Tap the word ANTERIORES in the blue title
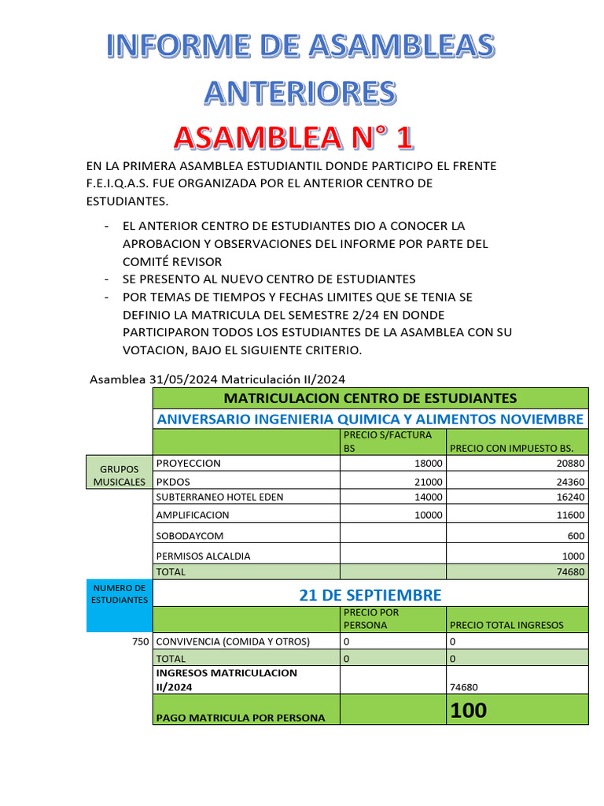coord(300,92)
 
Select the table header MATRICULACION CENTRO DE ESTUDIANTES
coord(370,397)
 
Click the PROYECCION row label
coord(189,464)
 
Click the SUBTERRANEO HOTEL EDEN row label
coord(219,497)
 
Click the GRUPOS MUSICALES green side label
coord(119,475)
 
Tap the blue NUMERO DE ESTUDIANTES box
coord(119,594)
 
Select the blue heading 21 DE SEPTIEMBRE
coord(370,594)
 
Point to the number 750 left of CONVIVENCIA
coord(140,641)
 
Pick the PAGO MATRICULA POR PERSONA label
coord(241,717)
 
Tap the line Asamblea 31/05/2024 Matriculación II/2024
coord(218,379)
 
